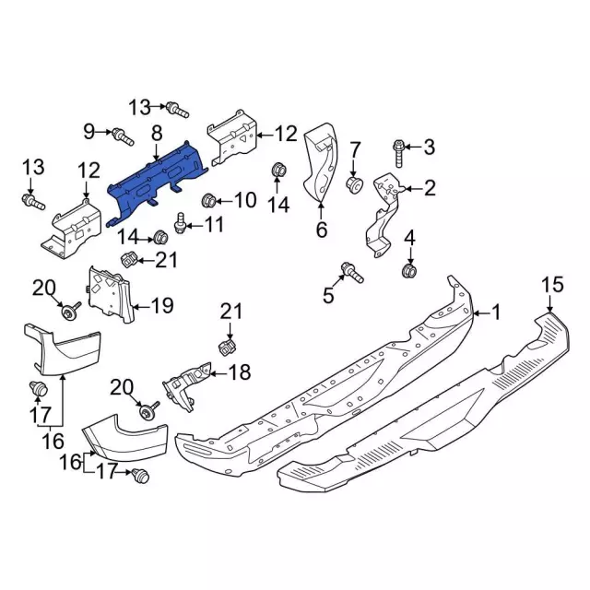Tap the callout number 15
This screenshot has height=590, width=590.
click(x=552, y=285)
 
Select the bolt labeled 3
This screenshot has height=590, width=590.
click(x=399, y=153)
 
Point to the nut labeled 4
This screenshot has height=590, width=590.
click(x=409, y=270)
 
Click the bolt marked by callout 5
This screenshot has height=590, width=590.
click(x=352, y=273)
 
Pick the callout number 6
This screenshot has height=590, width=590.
click(x=322, y=230)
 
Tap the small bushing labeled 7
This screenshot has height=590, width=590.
click(x=354, y=183)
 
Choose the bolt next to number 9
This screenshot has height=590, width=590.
click(x=123, y=137)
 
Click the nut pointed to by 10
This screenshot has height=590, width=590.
click(x=209, y=201)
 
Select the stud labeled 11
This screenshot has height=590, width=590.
click(x=180, y=222)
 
